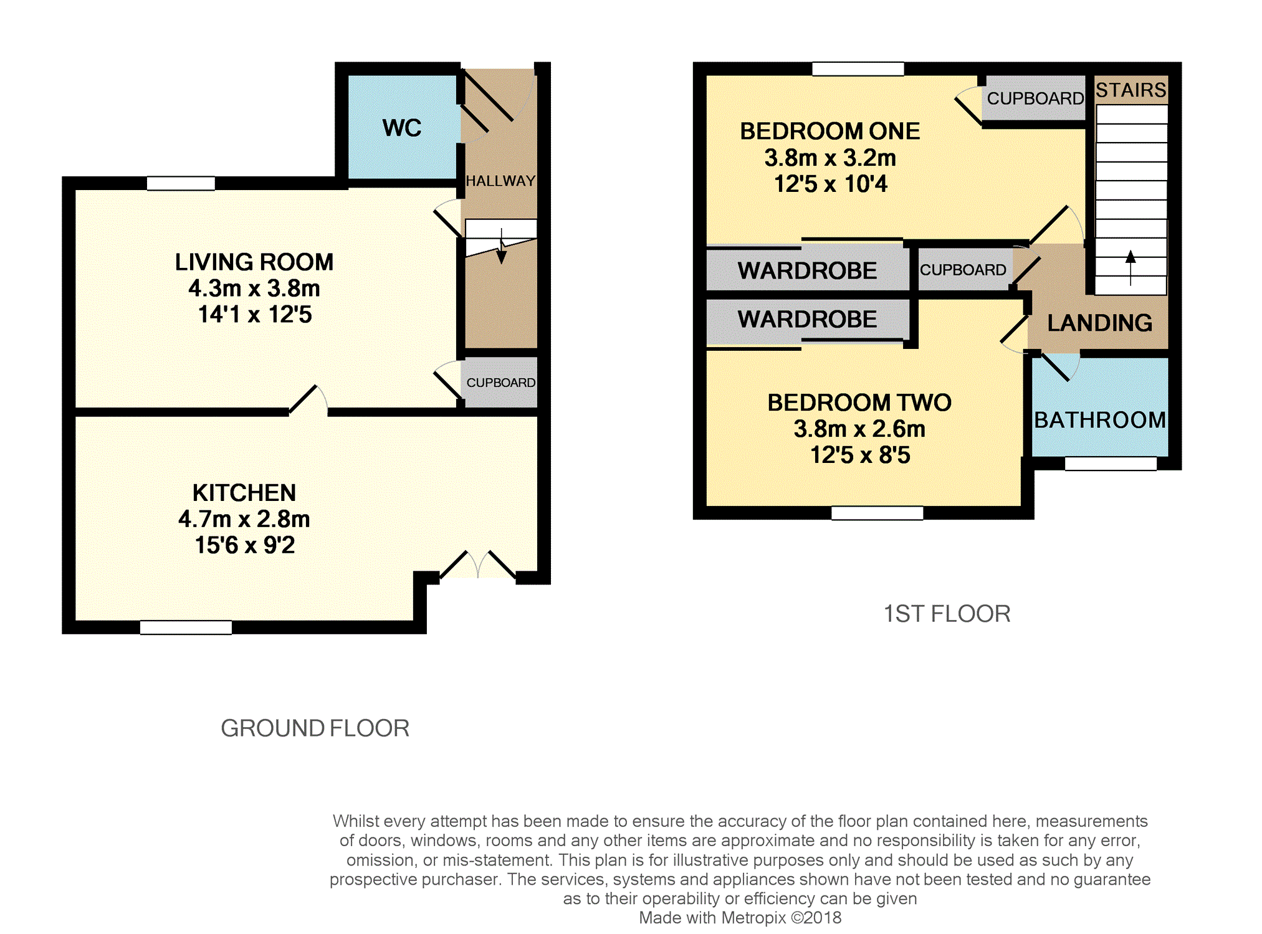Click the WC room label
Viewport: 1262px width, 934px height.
tap(402, 128)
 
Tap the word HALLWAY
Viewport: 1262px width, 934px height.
tap(501, 181)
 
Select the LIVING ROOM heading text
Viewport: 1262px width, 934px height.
tap(254, 262)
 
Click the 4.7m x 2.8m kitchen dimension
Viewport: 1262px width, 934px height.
tap(244, 519)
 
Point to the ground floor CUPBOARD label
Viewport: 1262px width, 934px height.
tap(501, 383)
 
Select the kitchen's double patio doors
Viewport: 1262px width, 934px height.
tap(478, 565)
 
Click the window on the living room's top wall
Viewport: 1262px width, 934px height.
tap(181, 183)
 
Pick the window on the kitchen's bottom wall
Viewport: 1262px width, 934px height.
tap(186, 627)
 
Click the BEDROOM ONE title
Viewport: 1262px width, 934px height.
tap(830, 131)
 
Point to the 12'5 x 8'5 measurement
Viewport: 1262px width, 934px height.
tap(860, 455)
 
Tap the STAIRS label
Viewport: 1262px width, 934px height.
tap(1131, 90)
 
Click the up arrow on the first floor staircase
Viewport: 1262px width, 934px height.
tap(1131, 268)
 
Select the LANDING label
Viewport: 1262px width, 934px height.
tap(1100, 323)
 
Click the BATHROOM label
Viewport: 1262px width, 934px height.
tap(1100, 420)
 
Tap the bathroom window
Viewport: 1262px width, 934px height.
tap(1111, 464)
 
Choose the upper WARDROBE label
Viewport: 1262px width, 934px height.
tap(807, 271)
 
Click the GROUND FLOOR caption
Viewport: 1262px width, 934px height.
tap(315, 728)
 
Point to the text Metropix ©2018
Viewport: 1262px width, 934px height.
tap(782, 918)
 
